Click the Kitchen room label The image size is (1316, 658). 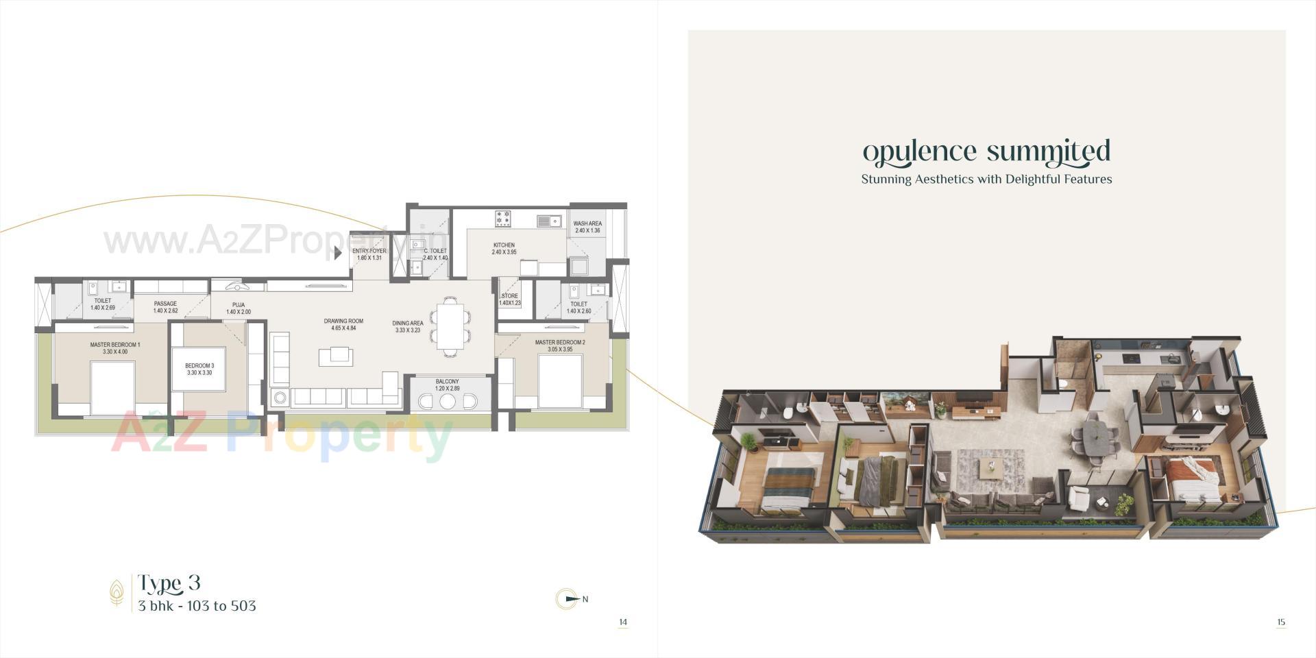[504, 248]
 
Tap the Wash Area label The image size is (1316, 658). [587, 227]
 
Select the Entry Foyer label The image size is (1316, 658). [369, 254]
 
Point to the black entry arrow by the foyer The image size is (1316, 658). [338, 253]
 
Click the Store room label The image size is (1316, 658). [509, 299]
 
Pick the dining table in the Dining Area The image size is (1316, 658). [450, 326]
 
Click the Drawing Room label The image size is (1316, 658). [343, 324]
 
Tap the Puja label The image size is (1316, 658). [238, 308]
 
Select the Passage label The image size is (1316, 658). [165, 307]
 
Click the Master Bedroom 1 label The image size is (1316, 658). [115, 348]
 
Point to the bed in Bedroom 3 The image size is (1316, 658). [198, 369]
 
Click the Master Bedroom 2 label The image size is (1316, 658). [560, 345]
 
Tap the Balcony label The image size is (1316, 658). [447, 385]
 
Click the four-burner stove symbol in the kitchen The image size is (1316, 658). [504, 218]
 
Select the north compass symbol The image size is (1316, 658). [567, 599]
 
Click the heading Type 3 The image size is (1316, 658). [169, 583]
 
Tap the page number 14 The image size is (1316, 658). [622, 622]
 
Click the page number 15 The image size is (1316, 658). [1280, 622]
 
